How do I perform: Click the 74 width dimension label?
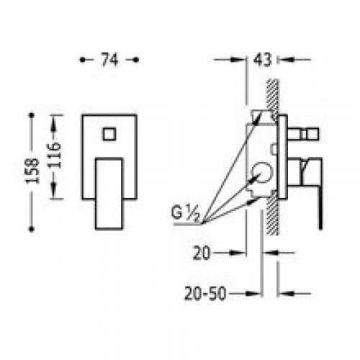pos(109,60)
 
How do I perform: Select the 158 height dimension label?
pos(32,171)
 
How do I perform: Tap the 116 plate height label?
pos(53,155)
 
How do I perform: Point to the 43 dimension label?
pos(262,59)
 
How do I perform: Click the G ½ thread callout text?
pos(185,213)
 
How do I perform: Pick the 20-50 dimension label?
pos(205,293)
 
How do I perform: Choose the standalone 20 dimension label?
pos(202,253)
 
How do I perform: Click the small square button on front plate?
pos(109,134)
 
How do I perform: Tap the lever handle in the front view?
pos(109,194)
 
